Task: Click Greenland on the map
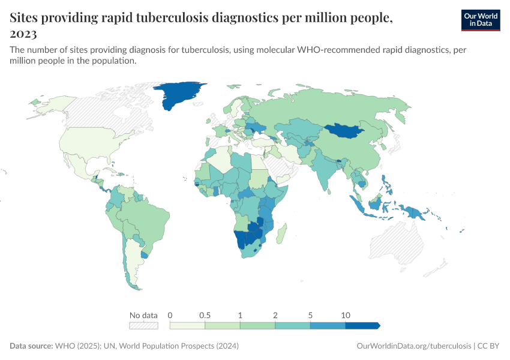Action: (178, 94)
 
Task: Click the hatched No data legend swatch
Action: (144, 325)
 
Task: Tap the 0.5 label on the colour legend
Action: (205, 315)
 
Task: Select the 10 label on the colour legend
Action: (345, 315)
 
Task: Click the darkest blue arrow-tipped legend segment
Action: (362, 325)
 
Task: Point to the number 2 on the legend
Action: (275, 315)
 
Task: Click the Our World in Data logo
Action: (480, 20)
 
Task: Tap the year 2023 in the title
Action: (23, 34)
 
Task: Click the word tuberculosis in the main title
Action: (163, 18)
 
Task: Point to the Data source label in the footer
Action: (31, 346)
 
